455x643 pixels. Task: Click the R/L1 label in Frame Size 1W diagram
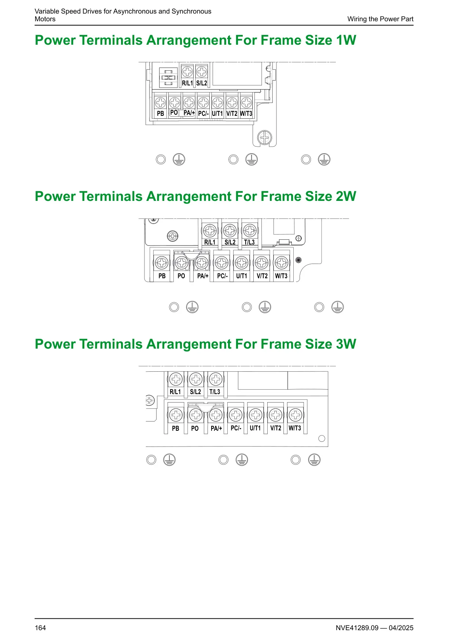(x=187, y=83)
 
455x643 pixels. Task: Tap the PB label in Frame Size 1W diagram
(x=161, y=114)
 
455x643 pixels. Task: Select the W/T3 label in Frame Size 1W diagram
(x=246, y=114)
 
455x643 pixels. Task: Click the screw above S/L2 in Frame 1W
(x=202, y=71)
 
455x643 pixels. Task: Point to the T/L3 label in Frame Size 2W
(x=249, y=242)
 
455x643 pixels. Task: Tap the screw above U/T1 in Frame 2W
(x=242, y=262)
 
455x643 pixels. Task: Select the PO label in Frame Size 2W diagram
(x=181, y=276)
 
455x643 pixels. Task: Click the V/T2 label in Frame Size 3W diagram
(x=276, y=428)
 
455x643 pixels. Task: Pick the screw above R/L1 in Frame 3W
(x=176, y=379)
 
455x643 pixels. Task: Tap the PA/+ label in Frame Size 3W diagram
(x=216, y=429)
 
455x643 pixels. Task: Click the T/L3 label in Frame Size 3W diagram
(x=215, y=392)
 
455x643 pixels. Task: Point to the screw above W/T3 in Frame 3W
(x=296, y=415)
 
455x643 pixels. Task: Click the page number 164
(x=40, y=628)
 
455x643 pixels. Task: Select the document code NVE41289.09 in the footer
(x=357, y=628)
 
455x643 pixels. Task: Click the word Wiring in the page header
(x=357, y=19)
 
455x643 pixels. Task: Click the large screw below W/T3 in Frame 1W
(x=265, y=138)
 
